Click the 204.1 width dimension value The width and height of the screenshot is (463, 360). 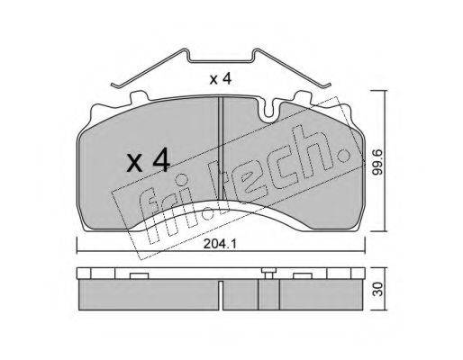click(x=220, y=244)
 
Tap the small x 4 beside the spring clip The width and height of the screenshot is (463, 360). click(x=221, y=79)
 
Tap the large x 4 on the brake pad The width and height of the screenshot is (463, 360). click(x=149, y=162)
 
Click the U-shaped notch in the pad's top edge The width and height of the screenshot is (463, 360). click(x=268, y=110)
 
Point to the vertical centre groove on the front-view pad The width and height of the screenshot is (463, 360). click(x=221, y=148)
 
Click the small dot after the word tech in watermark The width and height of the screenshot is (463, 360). click(x=343, y=155)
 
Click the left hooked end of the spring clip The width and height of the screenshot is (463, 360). click(x=115, y=85)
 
